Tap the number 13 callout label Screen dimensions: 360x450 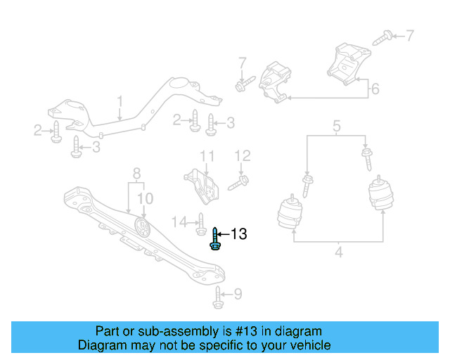(239, 234)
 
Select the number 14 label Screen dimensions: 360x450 (180, 222)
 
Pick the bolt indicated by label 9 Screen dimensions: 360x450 (218, 298)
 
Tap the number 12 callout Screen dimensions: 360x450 (242, 155)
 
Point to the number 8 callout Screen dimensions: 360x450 (136, 172)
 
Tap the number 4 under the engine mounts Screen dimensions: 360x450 (338, 251)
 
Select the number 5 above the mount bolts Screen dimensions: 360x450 (336, 127)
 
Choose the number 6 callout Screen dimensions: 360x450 (375, 89)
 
